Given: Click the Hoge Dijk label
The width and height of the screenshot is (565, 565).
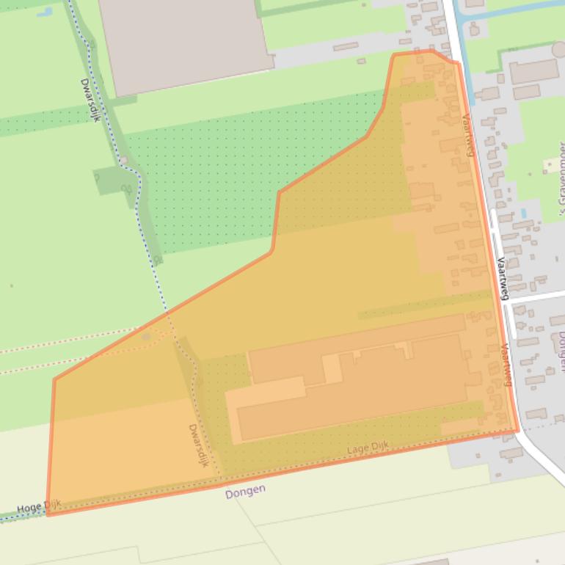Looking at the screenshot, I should pyautogui.click(x=39, y=506).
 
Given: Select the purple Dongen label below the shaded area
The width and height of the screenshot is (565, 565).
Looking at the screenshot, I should pyautogui.click(x=245, y=491).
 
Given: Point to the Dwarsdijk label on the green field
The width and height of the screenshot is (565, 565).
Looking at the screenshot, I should pyautogui.click(x=90, y=101).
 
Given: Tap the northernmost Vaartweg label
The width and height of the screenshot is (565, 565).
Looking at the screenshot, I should pyautogui.click(x=467, y=135).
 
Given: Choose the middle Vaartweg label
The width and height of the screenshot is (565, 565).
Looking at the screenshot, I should pyautogui.click(x=502, y=278).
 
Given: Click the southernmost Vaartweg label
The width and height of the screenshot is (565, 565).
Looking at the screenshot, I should pyautogui.click(x=508, y=365).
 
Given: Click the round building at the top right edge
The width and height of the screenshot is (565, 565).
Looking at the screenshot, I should pyautogui.click(x=559, y=50).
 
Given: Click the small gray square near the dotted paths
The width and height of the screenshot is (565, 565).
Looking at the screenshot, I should pyautogui.click(x=147, y=337).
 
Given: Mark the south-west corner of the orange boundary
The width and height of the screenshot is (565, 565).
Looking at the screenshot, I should pyautogui.click(x=48, y=514).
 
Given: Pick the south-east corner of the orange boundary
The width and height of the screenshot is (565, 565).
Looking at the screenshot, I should pyautogui.click(x=518, y=431).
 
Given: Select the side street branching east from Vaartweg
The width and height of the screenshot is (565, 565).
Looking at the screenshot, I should pyautogui.click(x=539, y=296).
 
